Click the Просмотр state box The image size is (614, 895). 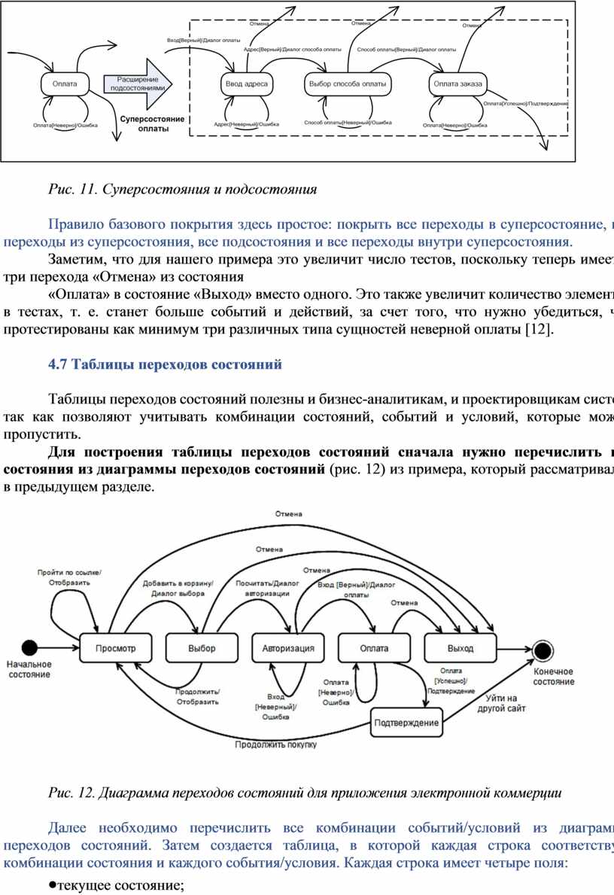pos(117,648)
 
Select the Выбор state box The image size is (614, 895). pos(202,648)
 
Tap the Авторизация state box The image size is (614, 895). pos(288,648)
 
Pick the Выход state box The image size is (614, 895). pos(460,648)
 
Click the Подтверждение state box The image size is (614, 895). pos(406,723)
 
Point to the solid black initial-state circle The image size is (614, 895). pos(29,647)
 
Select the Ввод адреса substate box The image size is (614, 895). pos(247,84)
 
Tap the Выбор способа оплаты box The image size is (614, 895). pos(348,84)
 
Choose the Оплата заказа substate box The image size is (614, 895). pos(458,84)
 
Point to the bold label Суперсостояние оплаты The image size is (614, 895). pos(152,124)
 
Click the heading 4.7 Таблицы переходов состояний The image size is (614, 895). pos(165,365)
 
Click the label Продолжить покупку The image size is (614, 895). pos(275,745)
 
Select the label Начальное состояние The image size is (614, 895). pos(30,669)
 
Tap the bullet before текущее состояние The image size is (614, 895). pos(53,885)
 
